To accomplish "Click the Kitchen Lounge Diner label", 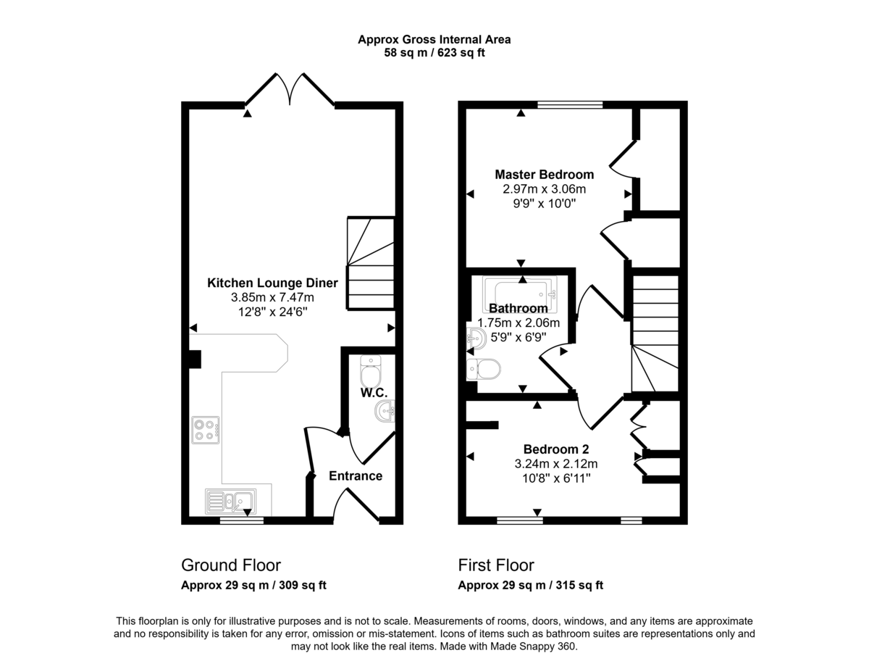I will coord(260,283).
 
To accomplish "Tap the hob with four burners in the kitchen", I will coord(206,430).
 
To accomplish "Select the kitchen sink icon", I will coord(229,501).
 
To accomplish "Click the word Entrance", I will coord(355,476).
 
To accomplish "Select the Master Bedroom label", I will coord(544,175).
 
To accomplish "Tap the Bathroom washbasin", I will coord(476,338).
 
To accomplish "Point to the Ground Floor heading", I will coord(230,565).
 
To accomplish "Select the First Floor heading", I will coord(496,565).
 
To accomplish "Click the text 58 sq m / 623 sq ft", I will coord(434,53).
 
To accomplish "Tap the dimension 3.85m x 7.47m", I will coord(272,297).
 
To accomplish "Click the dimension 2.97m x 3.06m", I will coord(544,189).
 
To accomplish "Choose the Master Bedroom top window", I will coord(569,105).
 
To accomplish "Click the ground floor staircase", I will coord(371,264).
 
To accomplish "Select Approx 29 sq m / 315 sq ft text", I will coord(530,586).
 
